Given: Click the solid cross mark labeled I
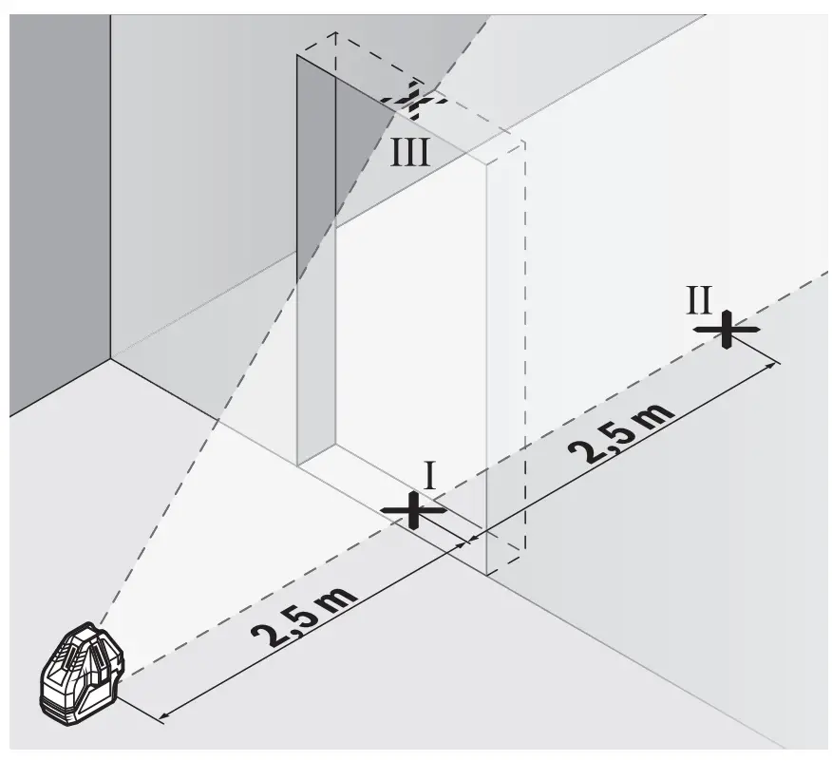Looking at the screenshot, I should tap(413, 510).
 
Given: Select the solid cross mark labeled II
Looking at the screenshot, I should tap(726, 329).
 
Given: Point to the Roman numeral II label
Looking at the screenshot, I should tap(699, 299).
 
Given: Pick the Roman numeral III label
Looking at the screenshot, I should tap(410, 152).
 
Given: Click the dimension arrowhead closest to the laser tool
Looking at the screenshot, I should tap(163, 715).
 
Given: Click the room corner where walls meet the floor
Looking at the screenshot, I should tap(110, 359).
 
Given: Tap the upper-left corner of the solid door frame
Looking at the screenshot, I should tap(299, 56).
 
